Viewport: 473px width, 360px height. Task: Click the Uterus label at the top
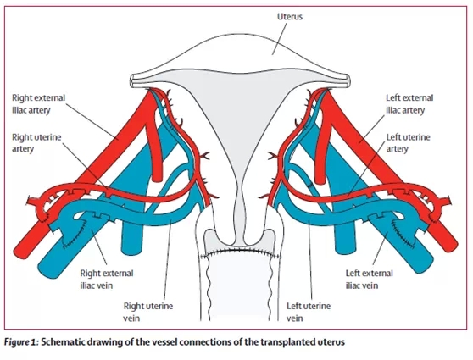click(290, 17)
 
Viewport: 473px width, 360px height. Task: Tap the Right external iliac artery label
click(39, 104)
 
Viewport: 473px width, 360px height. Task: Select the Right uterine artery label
click(36, 143)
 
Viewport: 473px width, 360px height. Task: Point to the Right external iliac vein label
click(107, 280)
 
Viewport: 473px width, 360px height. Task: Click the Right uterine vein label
click(148, 312)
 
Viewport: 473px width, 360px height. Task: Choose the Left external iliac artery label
click(409, 104)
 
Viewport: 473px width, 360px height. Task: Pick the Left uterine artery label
click(408, 143)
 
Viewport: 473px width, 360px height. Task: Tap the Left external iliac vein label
click(370, 280)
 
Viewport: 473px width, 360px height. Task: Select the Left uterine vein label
click(309, 312)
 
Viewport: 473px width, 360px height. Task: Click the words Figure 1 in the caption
click(20, 342)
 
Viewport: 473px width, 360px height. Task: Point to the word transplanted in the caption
click(287, 342)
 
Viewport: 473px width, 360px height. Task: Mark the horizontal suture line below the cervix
click(240, 251)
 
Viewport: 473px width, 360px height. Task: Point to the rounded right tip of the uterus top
click(348, 80)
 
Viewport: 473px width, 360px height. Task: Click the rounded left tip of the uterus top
click(133, 81)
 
